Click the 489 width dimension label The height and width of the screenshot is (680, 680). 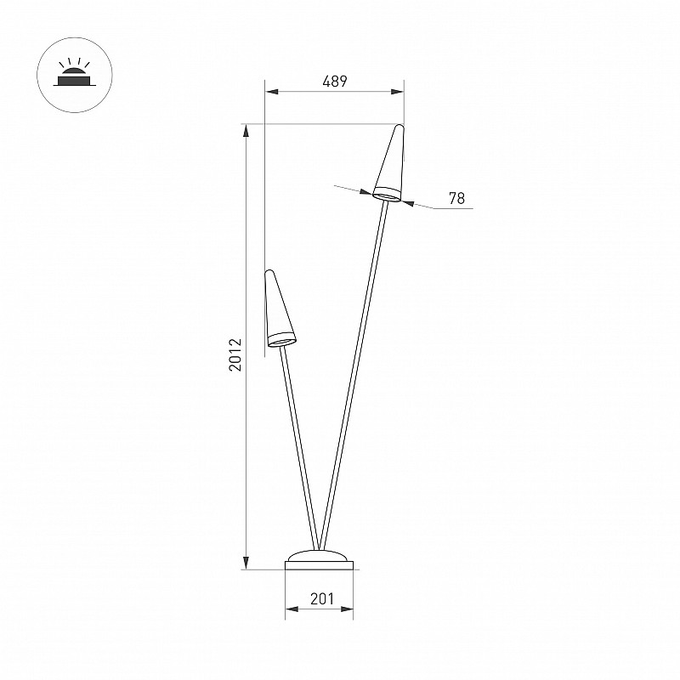pyautogui.click(x=335, y=81)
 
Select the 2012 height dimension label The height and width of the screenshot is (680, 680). pyautogui.click(x=235, y=354)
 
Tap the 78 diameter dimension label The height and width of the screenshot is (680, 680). pyautogui.click(x=456, y=198)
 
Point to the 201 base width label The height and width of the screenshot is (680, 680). pyautogui.click(x=322, y=599)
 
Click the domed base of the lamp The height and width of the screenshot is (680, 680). pyautogui.click(x=320, y=560)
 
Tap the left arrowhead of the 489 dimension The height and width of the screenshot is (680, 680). pyautogui.click(x=271, y=92)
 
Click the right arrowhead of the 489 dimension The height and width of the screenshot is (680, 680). pyautogui.click(x=397, y=92)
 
